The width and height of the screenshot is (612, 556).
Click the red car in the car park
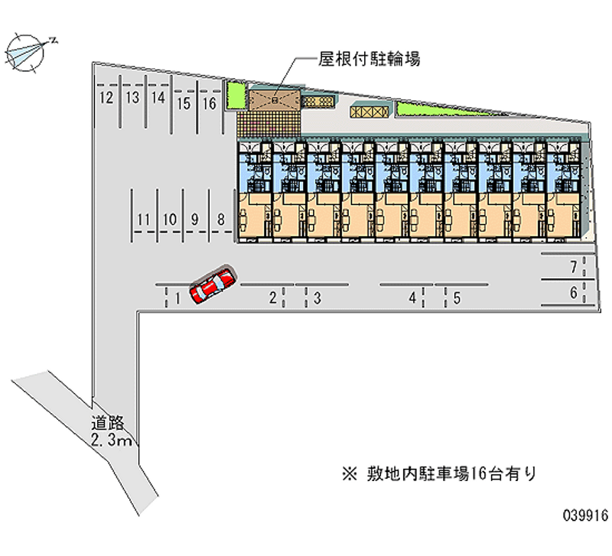tap(213, 285)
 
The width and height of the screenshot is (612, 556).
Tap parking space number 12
tap(106, 98)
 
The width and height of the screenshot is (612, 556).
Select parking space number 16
tap(209, 103)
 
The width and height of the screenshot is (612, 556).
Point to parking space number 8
tap(221, 219)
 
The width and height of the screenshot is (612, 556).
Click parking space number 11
tap(143, 219)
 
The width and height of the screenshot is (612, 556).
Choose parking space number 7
tap(573, 267)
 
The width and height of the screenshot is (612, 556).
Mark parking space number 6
tap(573, 292)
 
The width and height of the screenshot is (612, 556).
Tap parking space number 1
tap(177, 298)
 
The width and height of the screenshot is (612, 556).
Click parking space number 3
tap(317, 298)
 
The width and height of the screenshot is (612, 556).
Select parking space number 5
tap(457, 298)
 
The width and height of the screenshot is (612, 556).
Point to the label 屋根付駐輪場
tap(369, 59)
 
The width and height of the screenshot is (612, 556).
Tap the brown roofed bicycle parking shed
tap(275, 100)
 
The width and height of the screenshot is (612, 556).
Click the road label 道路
tap(107, 423)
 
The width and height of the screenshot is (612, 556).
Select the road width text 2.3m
tap(111, 440)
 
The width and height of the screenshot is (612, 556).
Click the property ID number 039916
tap(585, 515)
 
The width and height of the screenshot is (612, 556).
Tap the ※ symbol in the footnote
tap(350, 474)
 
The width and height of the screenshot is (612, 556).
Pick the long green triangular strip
tap(441, 109)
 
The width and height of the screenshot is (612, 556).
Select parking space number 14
tap(158, 98)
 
